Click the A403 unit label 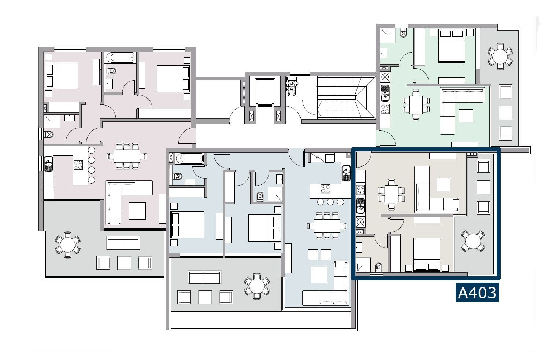[477, 293]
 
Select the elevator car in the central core [265, 92]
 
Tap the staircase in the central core [346, 98]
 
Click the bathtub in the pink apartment [121, 58]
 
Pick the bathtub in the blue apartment [190, 158]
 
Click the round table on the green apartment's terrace [500, 56]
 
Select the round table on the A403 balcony [473, 241]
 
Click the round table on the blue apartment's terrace [257, 286]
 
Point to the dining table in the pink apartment [127, 156]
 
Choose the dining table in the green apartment [416, 105]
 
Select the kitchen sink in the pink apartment [48, 164]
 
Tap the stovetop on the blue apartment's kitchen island [325, 189]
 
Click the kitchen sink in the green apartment [385, 93]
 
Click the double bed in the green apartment [452, 46]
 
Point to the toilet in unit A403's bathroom [378, 267]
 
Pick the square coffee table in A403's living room [443, 184]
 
